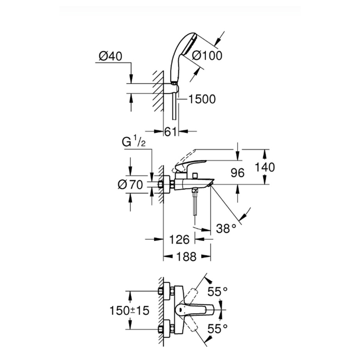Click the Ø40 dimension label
click(x=111, y=56)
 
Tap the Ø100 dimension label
click(x=207, y=56)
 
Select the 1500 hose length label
click(x=201, y=99)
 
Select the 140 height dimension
click(x=265, y=167)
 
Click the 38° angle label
click(x=226, y=228)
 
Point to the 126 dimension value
click(x=179, y=239)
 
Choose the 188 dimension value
click(x=184, y=257)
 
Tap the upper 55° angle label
click(x=217, y=291)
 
